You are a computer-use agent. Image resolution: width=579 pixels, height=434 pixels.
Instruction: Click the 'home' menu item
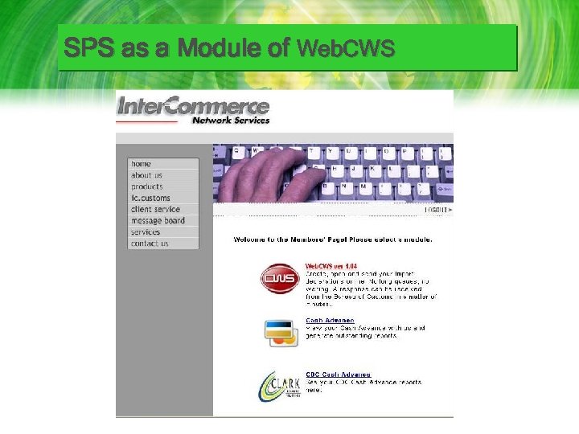coord(142,164)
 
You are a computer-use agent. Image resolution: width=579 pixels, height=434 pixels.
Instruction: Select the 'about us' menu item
coord(147,175)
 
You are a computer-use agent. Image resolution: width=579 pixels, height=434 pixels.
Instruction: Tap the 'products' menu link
coord(147,186)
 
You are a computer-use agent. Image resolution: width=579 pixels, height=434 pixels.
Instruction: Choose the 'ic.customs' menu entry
coord(151,198)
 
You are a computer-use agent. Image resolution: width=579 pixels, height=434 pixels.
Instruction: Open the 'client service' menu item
coord(156,209)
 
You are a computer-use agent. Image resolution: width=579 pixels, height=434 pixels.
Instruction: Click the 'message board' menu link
coord(158,220)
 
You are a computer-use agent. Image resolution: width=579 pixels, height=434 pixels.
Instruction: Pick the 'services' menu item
coord(146,231)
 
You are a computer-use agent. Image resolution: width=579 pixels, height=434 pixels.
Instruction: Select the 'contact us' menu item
coord(150,243)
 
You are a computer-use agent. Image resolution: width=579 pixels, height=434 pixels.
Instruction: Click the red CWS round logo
coord(279,278)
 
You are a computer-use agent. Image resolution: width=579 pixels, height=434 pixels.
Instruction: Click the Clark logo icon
coord(279,386)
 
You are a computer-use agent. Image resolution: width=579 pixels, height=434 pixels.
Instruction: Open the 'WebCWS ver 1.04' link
coord(331,267)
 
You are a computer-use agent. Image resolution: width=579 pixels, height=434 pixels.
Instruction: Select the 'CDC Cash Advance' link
coord(338,375)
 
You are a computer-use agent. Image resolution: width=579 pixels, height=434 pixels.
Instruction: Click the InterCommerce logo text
coord(193,105)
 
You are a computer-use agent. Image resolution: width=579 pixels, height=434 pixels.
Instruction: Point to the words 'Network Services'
coord(230,120)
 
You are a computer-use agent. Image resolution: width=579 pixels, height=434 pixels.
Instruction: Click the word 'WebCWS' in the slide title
coord(346,50)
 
